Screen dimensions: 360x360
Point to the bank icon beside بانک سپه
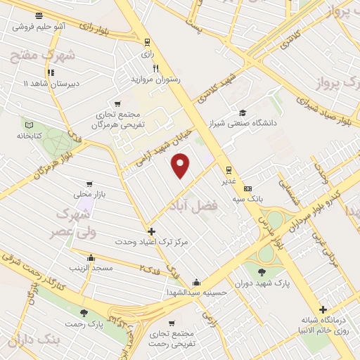(x=247, y=188)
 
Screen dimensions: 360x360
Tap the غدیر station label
(x=229, y=180)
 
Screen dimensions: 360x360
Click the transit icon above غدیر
(x=229, y=169)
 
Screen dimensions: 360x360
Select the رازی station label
(x=147, y=53)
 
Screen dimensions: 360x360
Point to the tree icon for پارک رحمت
(x=84, y=313)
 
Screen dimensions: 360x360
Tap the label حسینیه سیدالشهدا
(x=195, y=292)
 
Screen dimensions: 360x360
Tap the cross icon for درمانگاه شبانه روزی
(x=323, y=309)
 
